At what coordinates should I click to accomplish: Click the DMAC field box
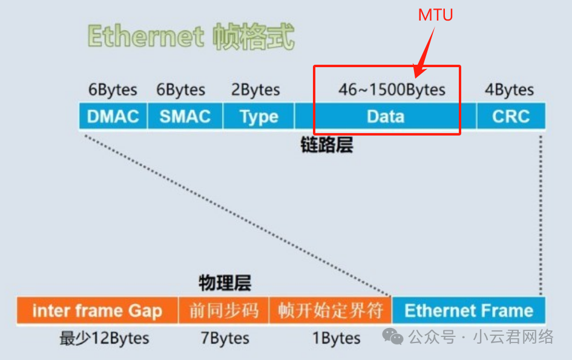click(x=113, y=116)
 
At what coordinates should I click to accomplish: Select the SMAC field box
click(x=185, y=116)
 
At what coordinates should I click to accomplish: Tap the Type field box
click(x=258, y=116)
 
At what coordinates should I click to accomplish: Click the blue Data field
click(x=386, y=116)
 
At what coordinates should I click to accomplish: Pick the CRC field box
click(x=511, y=116)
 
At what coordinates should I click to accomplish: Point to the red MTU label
click(x=436, y=15)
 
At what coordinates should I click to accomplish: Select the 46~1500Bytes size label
click(x=392, y=90)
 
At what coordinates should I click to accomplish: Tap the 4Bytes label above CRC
click(x=509, y=90)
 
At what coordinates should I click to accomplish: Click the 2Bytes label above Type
click(x=255, y=90)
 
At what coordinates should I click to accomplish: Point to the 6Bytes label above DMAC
click(x=113, y=90)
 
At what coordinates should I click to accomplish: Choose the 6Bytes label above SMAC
click(x=181, y=90)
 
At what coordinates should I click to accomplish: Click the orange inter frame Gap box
click(x=97, y=311)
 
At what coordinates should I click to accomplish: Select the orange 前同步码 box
click(x=224, y=311)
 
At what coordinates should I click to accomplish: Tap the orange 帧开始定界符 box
click(x=330, y=311)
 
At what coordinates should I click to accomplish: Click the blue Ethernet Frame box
click(x=468, y=311)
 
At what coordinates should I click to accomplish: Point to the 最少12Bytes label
click(x=104, y=338)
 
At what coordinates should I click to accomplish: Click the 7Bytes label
click(x=225, y=338)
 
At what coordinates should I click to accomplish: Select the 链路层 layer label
click(x=326, y=145)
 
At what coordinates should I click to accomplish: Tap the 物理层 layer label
click(x=225, y=283)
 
